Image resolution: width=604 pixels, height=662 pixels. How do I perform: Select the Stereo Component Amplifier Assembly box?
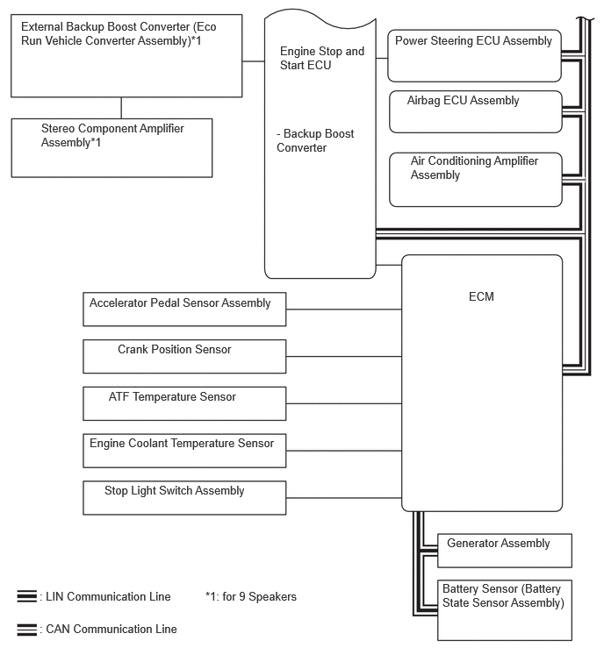coord(111,147)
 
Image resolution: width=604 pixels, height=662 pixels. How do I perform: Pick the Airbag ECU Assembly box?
coord(475,111)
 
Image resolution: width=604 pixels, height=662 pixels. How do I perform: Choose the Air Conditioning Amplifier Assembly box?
coord(475,180)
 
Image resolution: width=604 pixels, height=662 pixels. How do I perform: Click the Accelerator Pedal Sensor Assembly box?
coord(184,309)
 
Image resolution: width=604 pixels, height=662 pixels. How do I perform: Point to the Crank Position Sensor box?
coord(184,355)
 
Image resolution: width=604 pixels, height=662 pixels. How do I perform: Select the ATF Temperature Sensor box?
coord(184,402)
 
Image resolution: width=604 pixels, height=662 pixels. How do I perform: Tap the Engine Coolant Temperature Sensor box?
coord(184,450)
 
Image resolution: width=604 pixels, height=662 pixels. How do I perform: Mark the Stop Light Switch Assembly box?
coord(184,497)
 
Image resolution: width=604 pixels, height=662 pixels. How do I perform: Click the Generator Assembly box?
coord(506,550)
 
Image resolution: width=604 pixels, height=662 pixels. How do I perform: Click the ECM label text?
coord(481,296)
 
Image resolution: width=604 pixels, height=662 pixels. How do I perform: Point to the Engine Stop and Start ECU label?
coord(321,58)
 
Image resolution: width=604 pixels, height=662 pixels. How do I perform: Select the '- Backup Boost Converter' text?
coord(315,140)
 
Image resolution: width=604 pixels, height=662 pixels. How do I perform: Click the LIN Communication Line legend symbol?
coord(26,596)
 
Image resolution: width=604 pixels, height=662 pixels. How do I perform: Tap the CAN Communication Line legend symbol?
coord(26,629)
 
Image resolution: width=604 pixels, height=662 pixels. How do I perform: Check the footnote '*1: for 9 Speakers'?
coord(250,596)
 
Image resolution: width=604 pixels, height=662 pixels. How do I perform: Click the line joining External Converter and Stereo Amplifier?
coord(121,107)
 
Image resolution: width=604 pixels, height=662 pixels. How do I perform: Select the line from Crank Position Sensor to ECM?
coord(343,356)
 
